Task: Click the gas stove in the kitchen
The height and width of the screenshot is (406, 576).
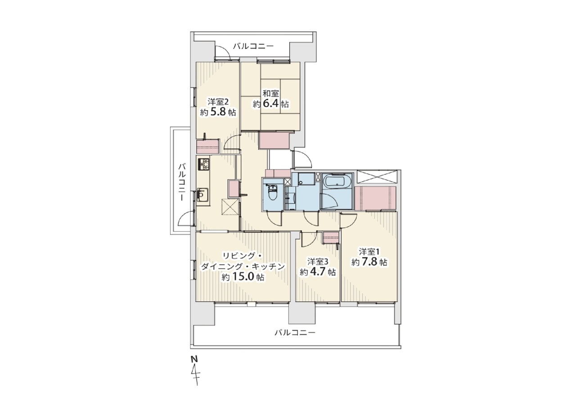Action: coord(204,164)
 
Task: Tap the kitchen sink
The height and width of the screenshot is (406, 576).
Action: coord(203,195)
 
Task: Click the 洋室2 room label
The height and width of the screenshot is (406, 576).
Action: coord(218,102)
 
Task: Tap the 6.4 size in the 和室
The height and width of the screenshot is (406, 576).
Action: coord(270,104)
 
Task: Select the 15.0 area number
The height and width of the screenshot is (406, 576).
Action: coord(244,277)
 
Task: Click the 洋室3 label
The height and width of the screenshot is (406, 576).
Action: coord(318,262)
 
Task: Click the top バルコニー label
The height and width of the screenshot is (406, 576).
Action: coord(253,46)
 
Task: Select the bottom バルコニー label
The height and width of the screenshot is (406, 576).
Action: coord(295,333)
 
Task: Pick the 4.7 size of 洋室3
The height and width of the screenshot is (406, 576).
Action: coord(318,272)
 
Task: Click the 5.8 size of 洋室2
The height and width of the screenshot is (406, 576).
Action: coord(218,112)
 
